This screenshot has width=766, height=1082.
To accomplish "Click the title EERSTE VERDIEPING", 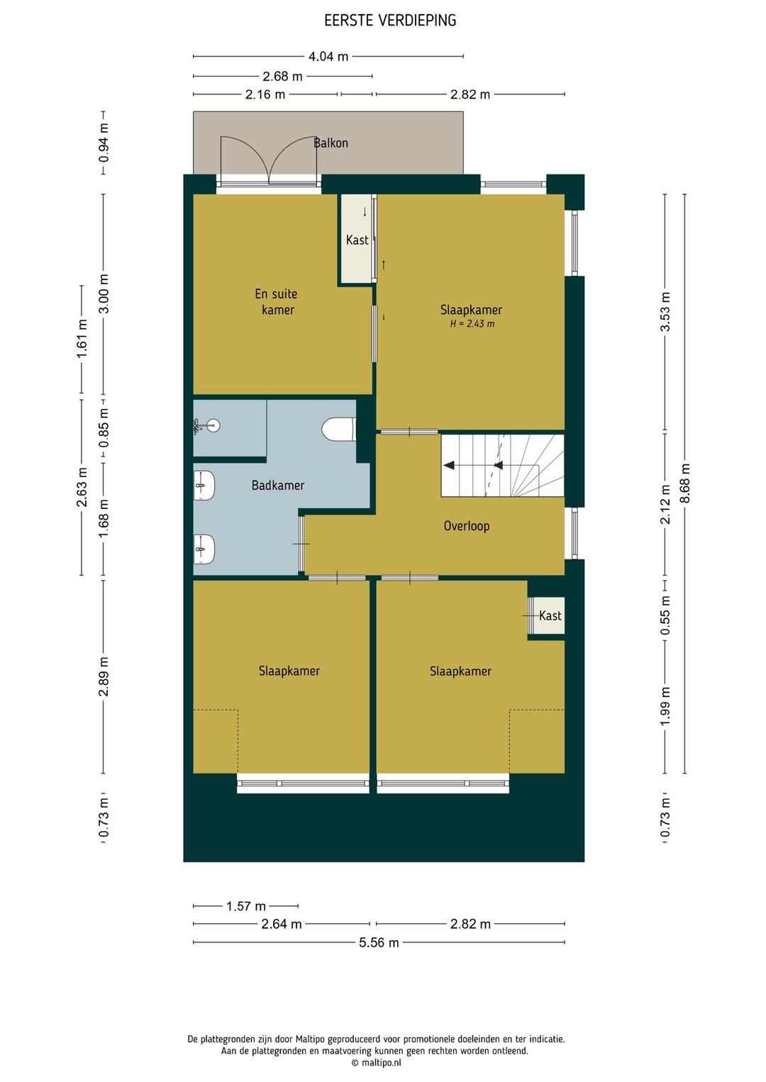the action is [x=390, y=21].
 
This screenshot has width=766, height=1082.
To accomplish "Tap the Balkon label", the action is [x=331, y=143].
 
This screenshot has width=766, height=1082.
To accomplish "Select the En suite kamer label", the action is [x=277, y=301].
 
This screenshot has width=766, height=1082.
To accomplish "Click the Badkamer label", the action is [x=278, y=485].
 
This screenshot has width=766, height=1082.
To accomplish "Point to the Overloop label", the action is [x=467, y=525].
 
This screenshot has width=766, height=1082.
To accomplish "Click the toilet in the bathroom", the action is [x=339, y=429].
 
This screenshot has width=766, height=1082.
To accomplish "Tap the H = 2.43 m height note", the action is [x=472, y=323].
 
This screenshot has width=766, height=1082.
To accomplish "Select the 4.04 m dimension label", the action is [x=328, y=57].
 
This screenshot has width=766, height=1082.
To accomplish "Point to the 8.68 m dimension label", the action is [x=685, y=483].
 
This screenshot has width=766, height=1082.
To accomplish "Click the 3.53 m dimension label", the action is [x=665, y=311].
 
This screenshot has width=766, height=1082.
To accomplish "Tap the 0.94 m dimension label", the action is [x=104, y=143].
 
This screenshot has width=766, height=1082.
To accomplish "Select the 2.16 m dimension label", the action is [x=265, y=94].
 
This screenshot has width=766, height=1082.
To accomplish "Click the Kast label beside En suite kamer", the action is [x=357, y=240].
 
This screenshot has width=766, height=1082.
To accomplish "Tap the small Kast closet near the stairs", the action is [x=546, y=615].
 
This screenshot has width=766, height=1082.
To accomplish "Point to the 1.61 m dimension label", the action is [x=82, y=339].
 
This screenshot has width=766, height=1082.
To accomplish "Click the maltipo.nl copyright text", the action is [x=376, y=1062].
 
